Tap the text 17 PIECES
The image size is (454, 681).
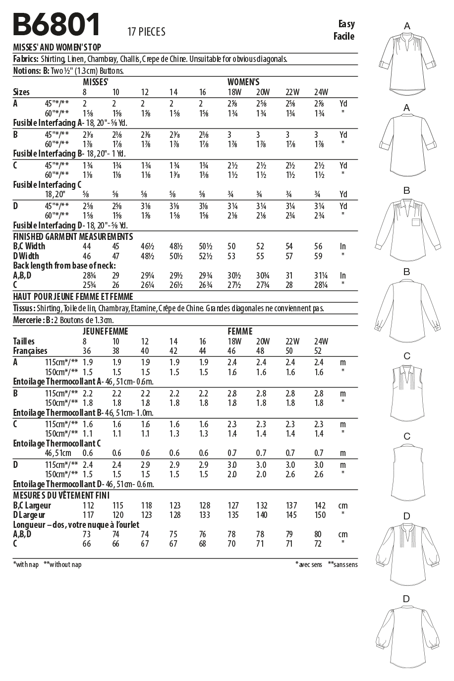[146, 32]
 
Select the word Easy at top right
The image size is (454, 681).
[346, 24]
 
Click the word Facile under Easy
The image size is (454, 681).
[344, 36]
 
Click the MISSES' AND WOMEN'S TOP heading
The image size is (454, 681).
[57, 48]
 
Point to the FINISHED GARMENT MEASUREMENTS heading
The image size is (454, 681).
[73, 236]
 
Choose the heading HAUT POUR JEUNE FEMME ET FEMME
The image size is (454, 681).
[73, 297]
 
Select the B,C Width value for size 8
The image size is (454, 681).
[88, 246]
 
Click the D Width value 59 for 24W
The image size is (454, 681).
[318, 256]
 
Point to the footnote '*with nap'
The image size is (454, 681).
[26, 565]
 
